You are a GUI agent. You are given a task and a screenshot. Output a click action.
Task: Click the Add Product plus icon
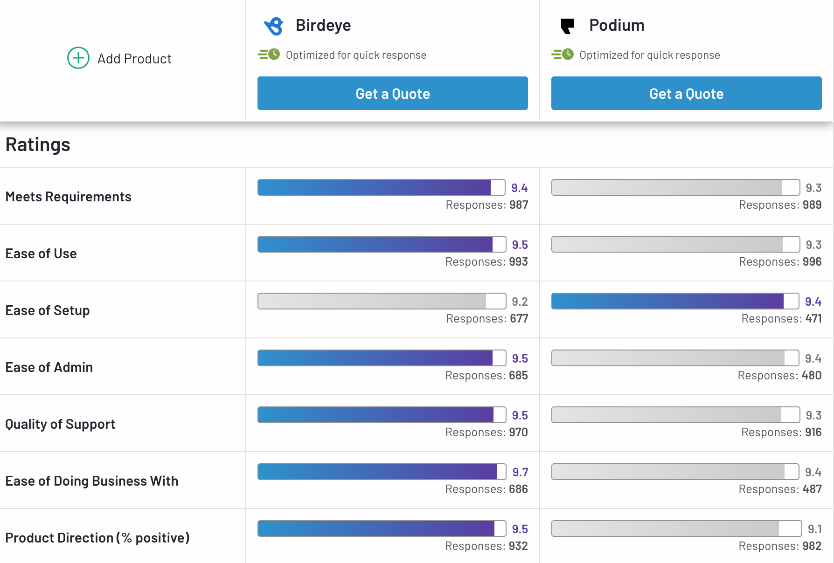tap(78, 58)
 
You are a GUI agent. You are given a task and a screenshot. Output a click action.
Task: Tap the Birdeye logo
tap(274, 26)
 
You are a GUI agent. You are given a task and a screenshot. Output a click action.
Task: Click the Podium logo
tap(567, 26)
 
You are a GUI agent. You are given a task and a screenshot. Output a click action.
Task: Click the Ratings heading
tap(38, 145)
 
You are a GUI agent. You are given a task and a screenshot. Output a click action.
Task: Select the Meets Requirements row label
tap(68, 197)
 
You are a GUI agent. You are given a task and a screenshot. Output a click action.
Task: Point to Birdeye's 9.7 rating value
tap(520, 472)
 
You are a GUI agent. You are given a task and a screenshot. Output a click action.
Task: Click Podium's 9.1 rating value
tap(814, 529)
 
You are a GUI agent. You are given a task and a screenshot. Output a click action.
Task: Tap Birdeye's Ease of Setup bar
tap(381, 301)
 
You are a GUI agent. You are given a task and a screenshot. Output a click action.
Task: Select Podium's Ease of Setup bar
tap(675, 301)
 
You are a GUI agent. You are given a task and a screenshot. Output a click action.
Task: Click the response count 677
tap(519, 319)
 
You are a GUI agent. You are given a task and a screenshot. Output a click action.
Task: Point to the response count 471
tap(813, 319)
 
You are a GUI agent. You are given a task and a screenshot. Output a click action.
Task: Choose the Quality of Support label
tap(60, 424)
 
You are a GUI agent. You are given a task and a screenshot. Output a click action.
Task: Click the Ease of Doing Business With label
tap(92, 481)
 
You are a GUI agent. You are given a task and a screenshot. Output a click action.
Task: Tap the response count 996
tap(812, 262)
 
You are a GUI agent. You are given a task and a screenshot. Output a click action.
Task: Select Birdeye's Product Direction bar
tap(381, 529)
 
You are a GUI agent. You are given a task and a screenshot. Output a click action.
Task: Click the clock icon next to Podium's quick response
tap(568, 55)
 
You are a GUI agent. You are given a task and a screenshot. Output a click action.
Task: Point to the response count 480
tap(811, 376)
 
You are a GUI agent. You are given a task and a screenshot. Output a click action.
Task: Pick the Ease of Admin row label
tap(49, 367)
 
